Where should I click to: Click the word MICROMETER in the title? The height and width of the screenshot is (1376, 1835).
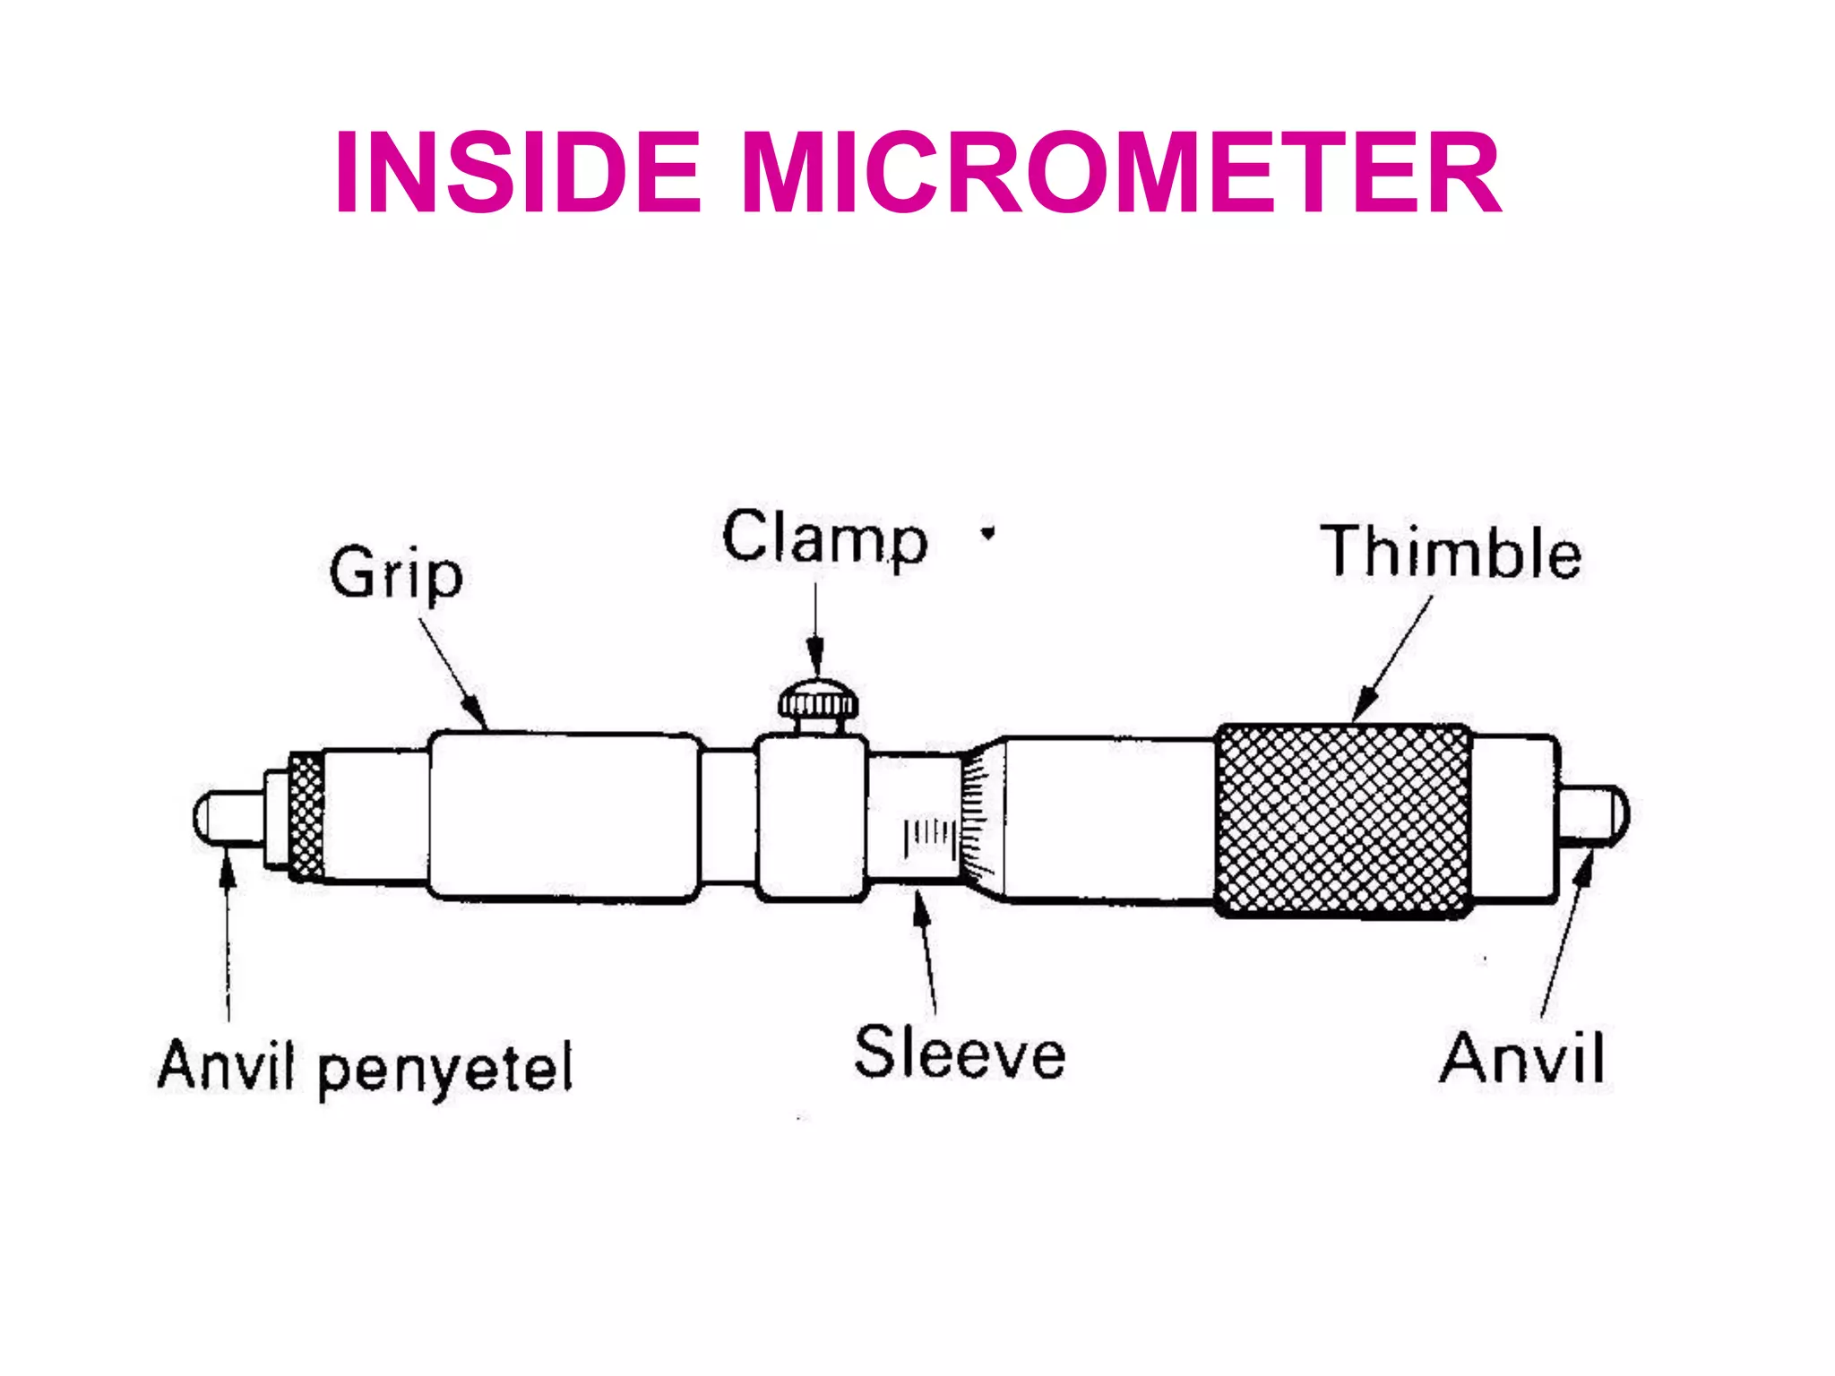click(1122, 172)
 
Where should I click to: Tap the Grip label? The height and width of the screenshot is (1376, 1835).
click(395, 572)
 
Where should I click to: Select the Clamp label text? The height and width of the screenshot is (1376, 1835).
click(824, 538)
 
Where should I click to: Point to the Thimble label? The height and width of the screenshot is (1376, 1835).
click(1451, 552)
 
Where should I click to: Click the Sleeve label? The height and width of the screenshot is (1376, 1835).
click(960, 1053)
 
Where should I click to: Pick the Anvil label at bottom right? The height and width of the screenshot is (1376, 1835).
click(1521, 1059)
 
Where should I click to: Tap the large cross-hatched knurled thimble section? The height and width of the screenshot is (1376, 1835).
click(1342, 821)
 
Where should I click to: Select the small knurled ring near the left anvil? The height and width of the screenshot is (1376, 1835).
click(306, 816)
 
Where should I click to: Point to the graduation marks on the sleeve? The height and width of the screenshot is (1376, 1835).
click(929, 834)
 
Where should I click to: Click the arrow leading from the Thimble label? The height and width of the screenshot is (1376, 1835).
click(1392, 658)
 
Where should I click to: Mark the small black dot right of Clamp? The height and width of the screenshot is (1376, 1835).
click(987, 534)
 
